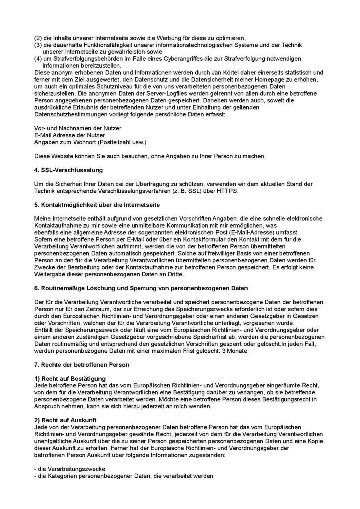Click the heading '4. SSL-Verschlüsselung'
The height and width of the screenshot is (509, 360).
68,170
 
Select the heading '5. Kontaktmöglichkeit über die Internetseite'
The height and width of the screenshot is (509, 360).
97,205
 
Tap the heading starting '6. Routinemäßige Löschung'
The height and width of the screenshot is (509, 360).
141,288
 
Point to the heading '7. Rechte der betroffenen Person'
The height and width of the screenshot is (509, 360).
82,365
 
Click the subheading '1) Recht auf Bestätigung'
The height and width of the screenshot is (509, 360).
70,378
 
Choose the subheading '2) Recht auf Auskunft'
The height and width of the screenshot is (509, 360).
65,420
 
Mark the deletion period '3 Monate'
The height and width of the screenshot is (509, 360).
234,351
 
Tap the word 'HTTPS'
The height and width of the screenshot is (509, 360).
227,191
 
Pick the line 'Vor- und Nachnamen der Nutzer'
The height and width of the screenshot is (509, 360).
78,128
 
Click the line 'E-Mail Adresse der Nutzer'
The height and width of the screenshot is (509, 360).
70,135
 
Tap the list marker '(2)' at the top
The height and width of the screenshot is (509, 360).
38,38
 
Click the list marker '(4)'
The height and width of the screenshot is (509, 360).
38,59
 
